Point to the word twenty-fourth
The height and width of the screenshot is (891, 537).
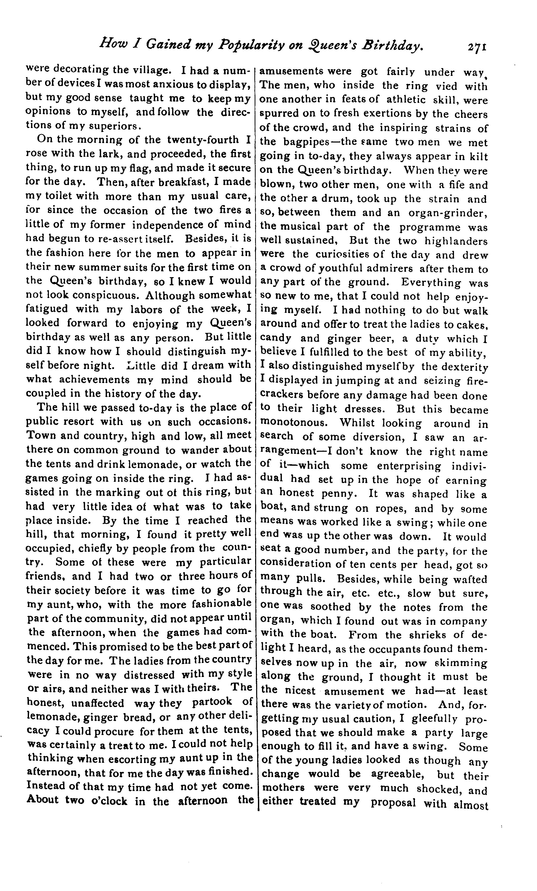203,140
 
